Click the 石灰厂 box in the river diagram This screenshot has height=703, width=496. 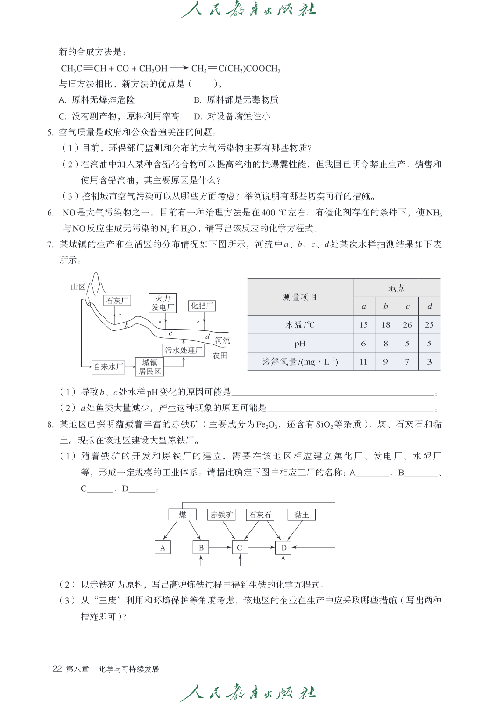pos(117,300)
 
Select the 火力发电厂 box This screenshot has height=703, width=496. pos(163,303)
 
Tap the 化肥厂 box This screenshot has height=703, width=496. pos(202,306)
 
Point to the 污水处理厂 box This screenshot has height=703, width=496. pos(184,350)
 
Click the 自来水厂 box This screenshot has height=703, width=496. pos(108,367)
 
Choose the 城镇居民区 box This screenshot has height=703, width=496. pos(149,367)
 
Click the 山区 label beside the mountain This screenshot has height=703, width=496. pos(78,287)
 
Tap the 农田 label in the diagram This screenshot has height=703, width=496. pos(220,355)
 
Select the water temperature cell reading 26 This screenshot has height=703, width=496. pos(407,325)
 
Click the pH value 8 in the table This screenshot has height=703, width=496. pos(385,344)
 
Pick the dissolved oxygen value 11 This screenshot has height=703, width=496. pos(363,362)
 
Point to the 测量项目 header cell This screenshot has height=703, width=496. pos(300,297)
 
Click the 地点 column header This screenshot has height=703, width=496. pos(396,288)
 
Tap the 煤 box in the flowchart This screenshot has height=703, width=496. pos(182,515)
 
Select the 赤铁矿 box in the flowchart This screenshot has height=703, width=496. pos(221,515)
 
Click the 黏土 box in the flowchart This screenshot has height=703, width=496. pos(301,515)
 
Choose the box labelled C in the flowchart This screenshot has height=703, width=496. pos(240,547)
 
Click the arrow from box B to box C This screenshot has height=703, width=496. pos(220,547)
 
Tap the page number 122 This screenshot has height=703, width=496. pos(55,669)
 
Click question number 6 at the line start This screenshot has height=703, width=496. pos(50,213)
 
